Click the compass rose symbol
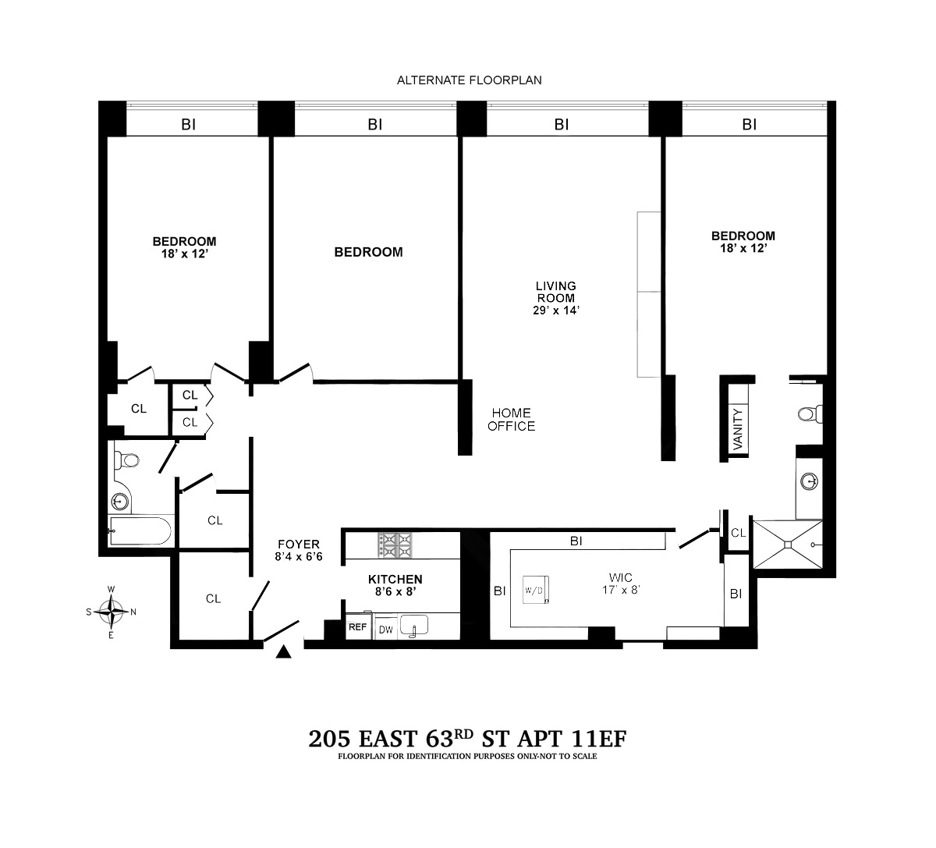111,612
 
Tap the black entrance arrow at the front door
283,652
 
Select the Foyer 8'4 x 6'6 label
299,550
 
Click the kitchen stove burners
395,545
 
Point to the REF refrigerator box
357,626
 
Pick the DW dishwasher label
386,630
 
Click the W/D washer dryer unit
535,590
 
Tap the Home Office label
512,420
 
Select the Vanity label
738,429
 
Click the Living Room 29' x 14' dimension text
556,310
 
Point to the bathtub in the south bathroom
140,530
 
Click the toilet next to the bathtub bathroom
126,460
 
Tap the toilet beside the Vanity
810,414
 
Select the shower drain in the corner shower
788,545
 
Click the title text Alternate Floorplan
470,80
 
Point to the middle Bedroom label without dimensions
369,252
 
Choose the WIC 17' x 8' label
621,584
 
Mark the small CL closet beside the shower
738,533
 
